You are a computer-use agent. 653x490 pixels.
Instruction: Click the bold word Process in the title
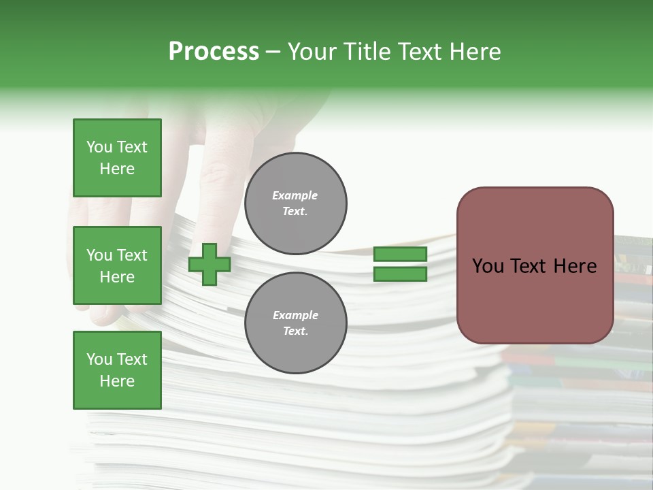[214, 52]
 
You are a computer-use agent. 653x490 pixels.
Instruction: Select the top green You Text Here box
[117, 158]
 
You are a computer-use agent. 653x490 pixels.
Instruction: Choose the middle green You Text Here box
[117, 265]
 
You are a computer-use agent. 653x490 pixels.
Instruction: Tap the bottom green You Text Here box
[117, 370]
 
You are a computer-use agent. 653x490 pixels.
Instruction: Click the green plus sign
[210, 264]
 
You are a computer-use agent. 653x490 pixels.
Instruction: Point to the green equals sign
[400, 264]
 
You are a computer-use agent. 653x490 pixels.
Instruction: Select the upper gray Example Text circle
[296, 203]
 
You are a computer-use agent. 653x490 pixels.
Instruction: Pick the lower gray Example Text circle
[296, 323]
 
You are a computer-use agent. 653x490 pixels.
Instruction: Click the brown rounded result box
[535, 265]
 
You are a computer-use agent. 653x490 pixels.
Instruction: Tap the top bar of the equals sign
[400, 255]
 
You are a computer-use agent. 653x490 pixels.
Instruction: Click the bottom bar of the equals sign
[400, 274]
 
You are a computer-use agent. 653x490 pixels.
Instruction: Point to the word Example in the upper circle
[295, 195]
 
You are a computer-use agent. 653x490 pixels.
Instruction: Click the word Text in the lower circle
[295, 331]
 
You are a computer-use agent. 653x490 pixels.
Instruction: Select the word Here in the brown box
[575, 266]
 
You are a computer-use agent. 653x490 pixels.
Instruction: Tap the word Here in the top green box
[117, 169]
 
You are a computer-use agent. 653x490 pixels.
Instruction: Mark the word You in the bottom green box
[99, 359]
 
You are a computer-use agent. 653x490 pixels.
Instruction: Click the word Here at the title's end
[474, 52]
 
